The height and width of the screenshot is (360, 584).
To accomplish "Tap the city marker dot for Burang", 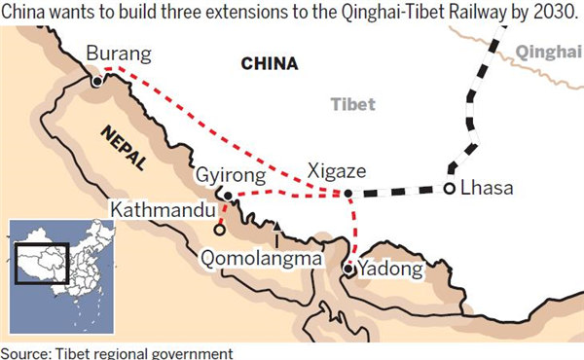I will coord(97,83).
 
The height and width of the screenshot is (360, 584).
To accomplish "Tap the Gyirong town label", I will coord(229,175).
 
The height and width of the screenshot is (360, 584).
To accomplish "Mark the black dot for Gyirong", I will coord(228,196).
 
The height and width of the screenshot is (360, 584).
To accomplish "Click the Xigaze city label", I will coord(336,170).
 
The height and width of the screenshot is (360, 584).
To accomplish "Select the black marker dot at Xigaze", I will coord(349,194).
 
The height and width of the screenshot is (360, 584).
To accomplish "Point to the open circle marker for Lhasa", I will coord(450,189).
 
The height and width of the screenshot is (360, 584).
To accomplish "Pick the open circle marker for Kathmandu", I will coord(220,232).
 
